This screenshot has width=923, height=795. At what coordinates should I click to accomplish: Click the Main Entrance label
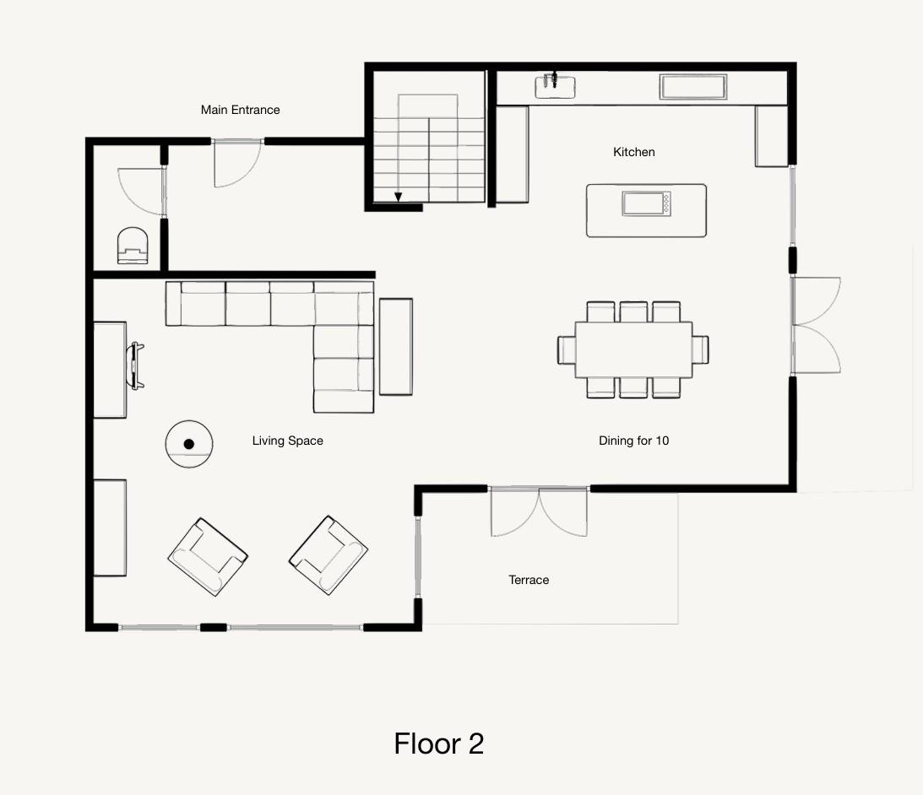pos(240,110)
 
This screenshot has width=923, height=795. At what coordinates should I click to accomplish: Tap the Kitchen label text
pos(634,152)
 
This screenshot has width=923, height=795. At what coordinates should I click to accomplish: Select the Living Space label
pos(288,441)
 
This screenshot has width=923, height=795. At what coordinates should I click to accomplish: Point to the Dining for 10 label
pos(634,441)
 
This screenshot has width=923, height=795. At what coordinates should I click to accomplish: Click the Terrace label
pos(529,580)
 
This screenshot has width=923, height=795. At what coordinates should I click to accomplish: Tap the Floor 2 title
pos(439,744)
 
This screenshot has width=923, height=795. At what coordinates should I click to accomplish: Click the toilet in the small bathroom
pos(133,246)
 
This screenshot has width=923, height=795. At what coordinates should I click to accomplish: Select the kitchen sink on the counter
pos(555,86)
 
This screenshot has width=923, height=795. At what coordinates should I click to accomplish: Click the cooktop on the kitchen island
pos(646,204)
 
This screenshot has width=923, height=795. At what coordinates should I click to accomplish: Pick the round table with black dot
pos(189,444)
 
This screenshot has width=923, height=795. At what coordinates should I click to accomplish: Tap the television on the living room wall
pos(136,366)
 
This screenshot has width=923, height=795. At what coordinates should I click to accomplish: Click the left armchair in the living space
pos(208,557)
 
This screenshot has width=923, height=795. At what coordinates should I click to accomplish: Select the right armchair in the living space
pos(328,555)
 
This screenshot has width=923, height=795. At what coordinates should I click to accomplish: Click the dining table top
pos(633,349)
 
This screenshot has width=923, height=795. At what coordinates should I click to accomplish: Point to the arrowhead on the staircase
pos(399,197)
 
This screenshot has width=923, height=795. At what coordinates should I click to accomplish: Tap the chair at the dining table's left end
pos(567,349)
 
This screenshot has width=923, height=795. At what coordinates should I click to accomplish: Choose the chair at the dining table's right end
pos(701,349)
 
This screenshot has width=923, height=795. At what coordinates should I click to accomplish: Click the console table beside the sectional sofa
pos(395,347)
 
